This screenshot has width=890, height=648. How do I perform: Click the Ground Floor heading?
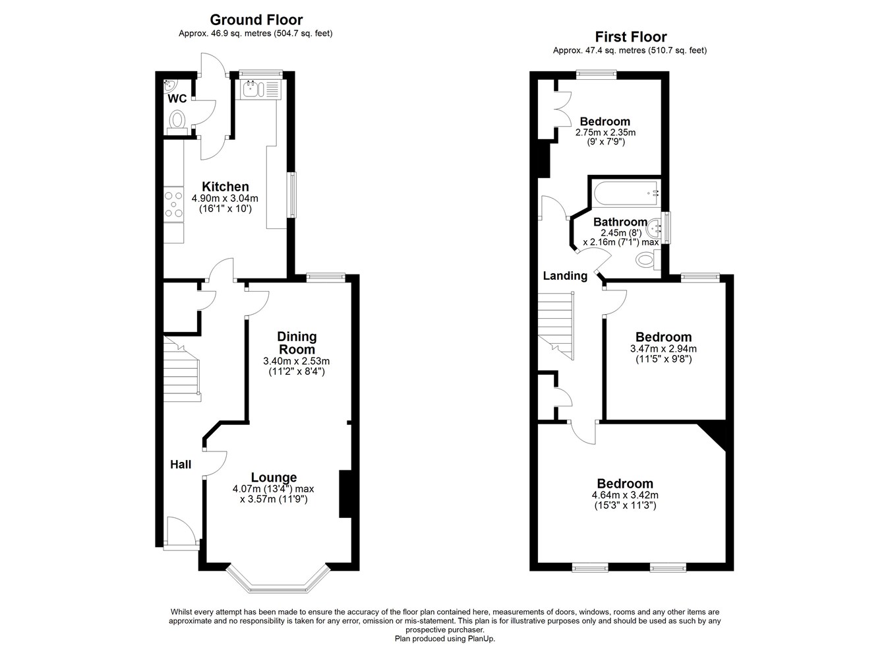(x=256, y=20)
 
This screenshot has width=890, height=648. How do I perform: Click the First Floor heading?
(x=630, y=37)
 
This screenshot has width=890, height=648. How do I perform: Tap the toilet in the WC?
(x=177, y=121)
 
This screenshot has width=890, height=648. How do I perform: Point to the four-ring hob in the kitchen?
(x=174, y=204)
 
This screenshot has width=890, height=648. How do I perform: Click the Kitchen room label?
(x=225, y=187)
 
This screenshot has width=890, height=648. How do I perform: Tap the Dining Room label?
(x=297, y=343)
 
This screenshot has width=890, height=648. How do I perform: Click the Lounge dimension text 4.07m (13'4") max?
(x=273, y=489)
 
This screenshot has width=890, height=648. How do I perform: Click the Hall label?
(x=181, y=465)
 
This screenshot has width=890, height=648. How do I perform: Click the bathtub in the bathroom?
(x=626, y=193)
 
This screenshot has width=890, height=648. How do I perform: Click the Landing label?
(x=565, y=276)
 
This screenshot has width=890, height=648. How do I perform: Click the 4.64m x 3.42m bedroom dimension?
(x=625, y=495)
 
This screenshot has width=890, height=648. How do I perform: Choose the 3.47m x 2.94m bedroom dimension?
(x=663, y=349)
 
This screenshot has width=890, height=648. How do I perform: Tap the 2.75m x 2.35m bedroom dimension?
(x=605, y=133)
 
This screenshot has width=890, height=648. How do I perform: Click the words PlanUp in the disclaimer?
(x=481, y=638)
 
